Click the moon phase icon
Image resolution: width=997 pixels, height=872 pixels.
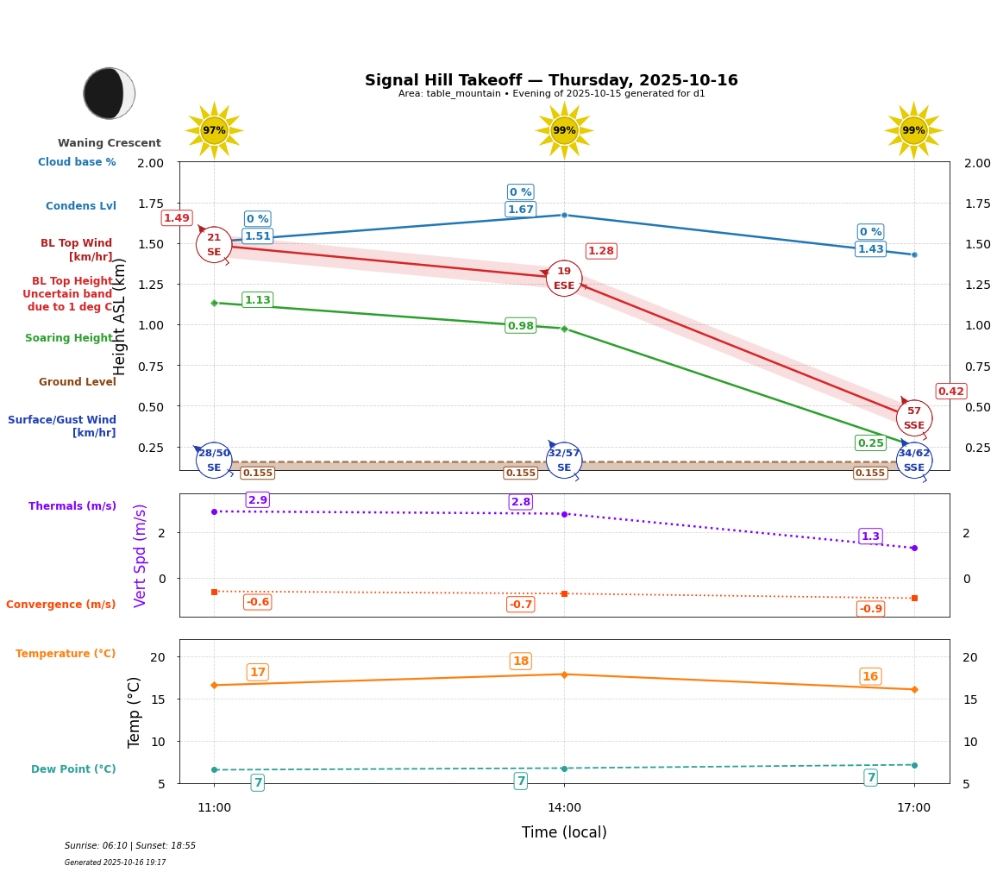[x=109, y=93]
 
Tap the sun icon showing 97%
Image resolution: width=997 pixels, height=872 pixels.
[x=214, y=130]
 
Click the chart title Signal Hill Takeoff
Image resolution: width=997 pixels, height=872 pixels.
[x=551, y=80]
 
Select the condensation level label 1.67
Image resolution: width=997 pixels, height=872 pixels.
[x=520, y=210]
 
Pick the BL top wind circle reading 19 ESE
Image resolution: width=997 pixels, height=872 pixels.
[x=564, y=278]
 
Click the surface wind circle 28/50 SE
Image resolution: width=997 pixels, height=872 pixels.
[x=214, y=460]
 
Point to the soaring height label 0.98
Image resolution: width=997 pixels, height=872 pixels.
[x=520, y=326]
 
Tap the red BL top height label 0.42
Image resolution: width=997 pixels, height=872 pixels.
[x=950, y=392]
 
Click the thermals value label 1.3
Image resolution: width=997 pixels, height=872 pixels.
[x=870, y=536]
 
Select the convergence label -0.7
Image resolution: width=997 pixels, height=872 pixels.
[x=520, y=605]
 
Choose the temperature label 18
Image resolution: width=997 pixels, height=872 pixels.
[x=520, y=662]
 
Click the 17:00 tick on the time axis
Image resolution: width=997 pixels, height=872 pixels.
[x=913, y=808]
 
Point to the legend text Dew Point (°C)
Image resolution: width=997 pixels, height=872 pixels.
[x=73, y=769]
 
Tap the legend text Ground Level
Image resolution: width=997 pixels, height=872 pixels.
[x=78, y=382]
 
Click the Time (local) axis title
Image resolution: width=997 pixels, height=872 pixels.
[x=564, y=832]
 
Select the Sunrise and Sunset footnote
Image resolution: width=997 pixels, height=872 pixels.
[x=130, y=846]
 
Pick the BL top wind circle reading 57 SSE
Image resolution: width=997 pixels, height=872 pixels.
[x=913, y=418]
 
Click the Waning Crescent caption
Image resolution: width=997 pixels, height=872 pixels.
[x=110, y=143]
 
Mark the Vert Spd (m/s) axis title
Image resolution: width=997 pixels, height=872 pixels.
[x=141, y=555]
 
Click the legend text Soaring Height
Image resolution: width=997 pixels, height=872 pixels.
[x=69, y=338]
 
